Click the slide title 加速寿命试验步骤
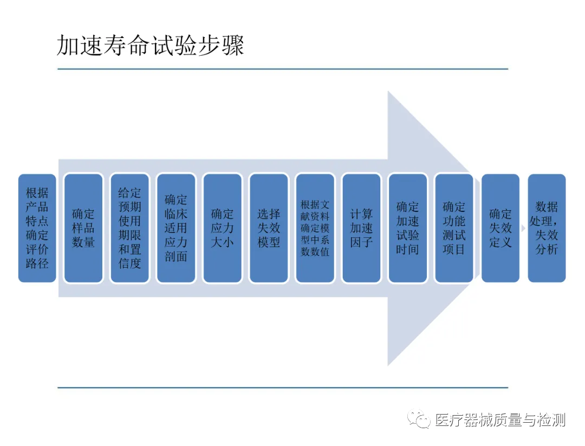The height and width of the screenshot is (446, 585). pos(151,47)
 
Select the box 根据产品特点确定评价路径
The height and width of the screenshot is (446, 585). pos(37,228)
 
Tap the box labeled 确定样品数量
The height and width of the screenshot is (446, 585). pos(83,228)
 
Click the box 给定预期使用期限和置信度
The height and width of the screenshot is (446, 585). pos(129,228)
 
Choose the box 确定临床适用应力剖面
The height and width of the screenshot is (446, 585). pos(176,228)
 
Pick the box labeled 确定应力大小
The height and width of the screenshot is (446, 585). pos(222,228)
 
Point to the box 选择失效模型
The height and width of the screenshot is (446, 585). pos(269,228)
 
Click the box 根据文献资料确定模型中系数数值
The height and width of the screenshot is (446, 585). pos(315,228)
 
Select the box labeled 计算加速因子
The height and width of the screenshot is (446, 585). pos(361,228)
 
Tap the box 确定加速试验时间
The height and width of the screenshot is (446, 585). pos(407,228)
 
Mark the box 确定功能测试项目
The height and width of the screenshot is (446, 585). pos(454,228)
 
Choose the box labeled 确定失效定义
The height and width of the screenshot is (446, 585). pos(500,228)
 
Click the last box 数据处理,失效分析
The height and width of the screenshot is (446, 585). pos(547,228)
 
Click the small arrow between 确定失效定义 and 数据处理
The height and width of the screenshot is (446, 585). pos(523,228)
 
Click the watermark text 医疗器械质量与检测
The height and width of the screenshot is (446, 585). pos(500,419)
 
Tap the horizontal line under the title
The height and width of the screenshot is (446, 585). pos(283,69)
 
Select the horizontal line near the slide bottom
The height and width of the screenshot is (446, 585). pos(283,387)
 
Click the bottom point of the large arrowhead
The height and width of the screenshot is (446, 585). pos(389,364)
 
